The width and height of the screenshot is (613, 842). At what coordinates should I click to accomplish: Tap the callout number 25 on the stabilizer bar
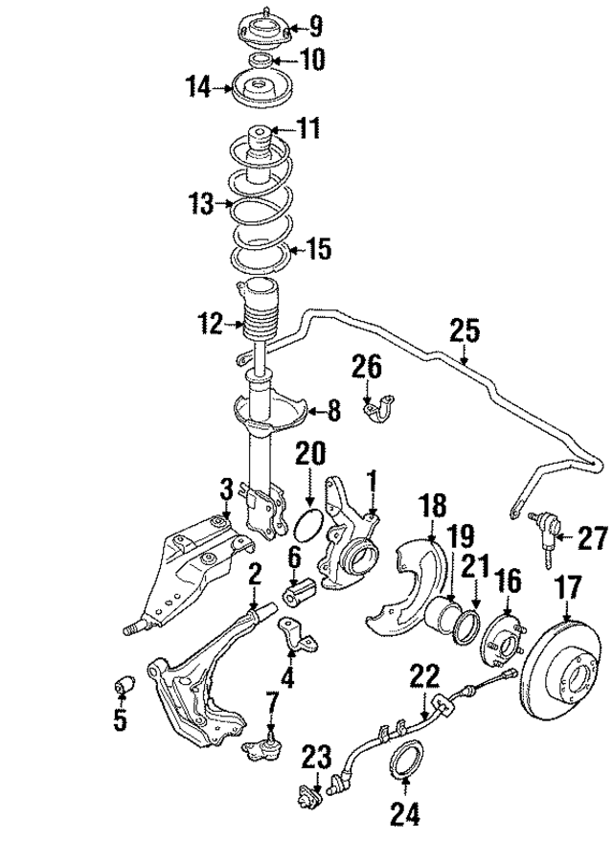coord(464,331)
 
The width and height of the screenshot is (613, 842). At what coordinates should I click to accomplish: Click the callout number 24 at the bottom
coord(406,815)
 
